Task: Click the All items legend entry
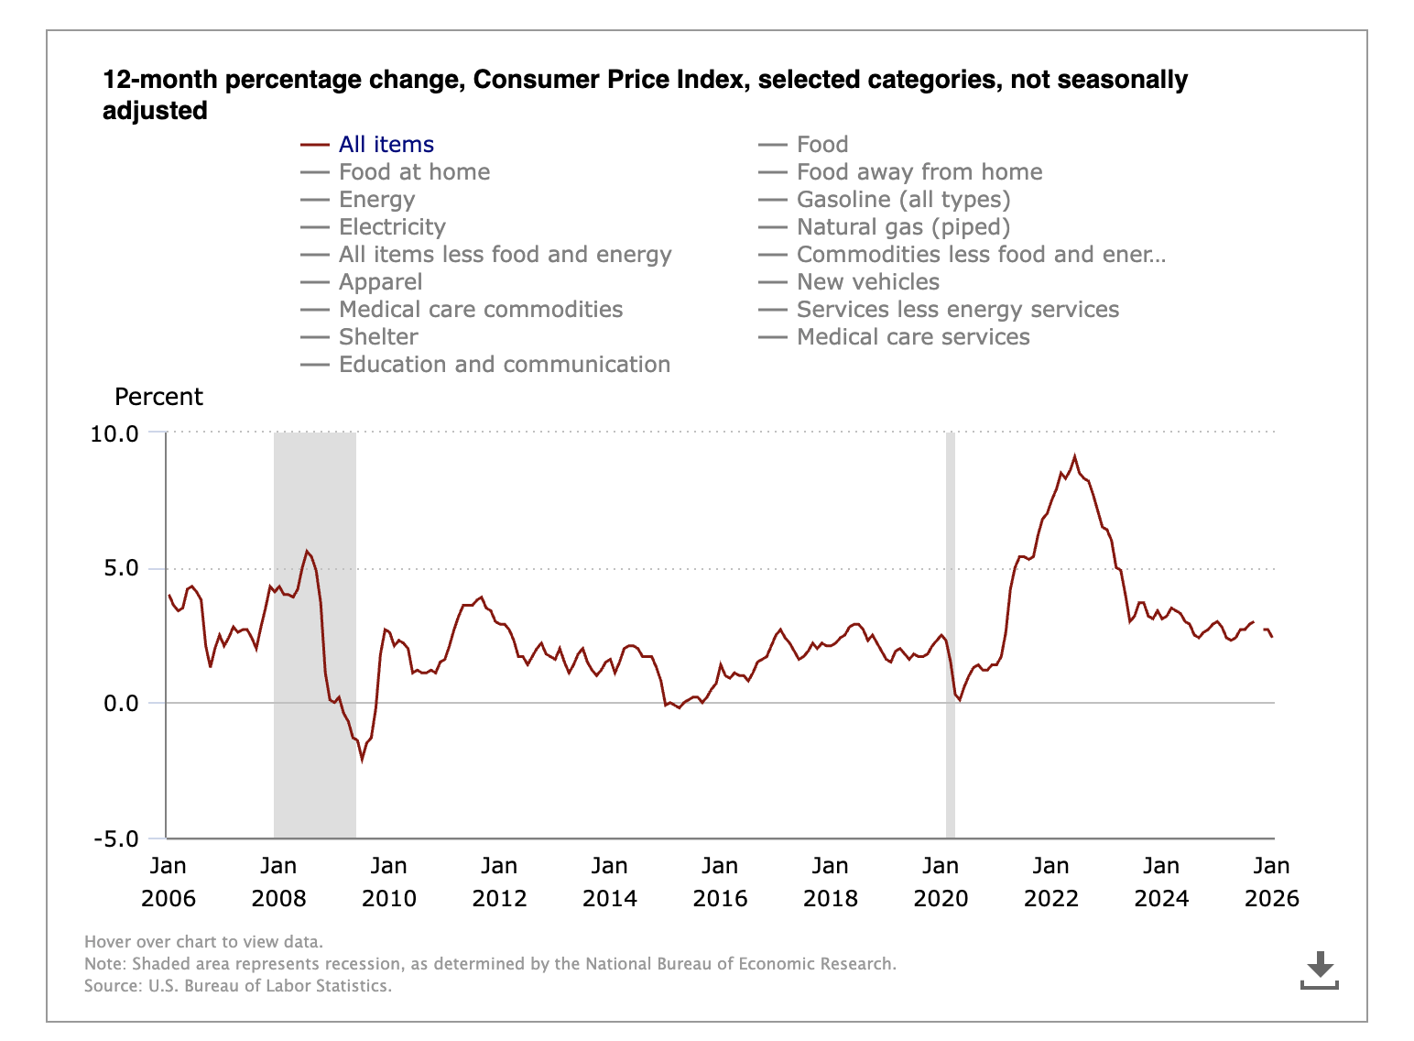coord(386,145)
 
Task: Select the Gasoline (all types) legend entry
coord(903,200)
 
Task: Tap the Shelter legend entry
coord(378,337)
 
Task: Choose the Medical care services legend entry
coord(912,337)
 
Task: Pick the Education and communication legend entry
coord(504,365)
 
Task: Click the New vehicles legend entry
coord(867,282)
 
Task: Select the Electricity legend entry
coord(392,227)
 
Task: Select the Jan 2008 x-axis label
coord(278,882)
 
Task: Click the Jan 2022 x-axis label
coord(1050,882)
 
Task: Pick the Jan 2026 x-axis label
coord(1271,882)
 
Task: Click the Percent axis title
coord(158,397)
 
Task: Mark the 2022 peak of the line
coord(1075,456)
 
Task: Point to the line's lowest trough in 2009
coord(362,760)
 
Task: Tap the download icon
coord(1319,970)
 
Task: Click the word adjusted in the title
coord(155,111)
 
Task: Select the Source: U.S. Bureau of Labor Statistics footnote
coord(238,986)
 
